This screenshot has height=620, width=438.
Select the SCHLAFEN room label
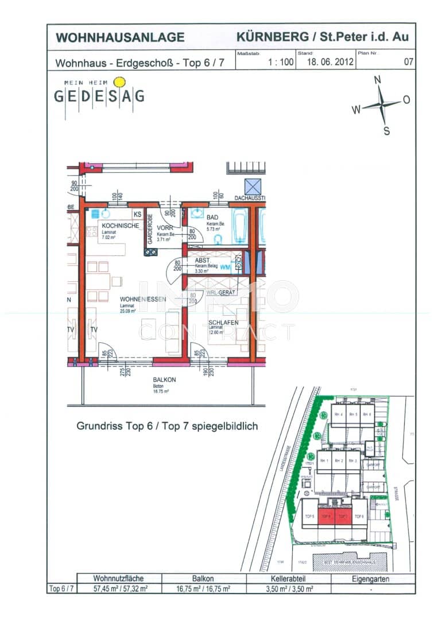pos(223,323)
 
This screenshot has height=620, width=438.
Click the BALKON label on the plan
pos(164,379)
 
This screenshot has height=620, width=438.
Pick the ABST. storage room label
pos(202,260)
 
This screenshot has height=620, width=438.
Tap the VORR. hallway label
pos(165,228)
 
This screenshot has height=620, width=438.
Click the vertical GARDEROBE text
pos(150,230)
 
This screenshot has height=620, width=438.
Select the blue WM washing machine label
pos(226,266)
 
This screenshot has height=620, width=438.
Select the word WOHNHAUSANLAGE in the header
pos(120,38)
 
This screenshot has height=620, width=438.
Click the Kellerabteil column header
pos(289,579)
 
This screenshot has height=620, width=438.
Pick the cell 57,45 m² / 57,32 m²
pos(118,589)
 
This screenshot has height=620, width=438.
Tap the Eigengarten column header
pos(373,579)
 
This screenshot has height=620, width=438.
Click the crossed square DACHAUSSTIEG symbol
pos(253,187)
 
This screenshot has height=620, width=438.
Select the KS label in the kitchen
pos(137,215)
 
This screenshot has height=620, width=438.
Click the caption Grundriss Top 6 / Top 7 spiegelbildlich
pos(167,427)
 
